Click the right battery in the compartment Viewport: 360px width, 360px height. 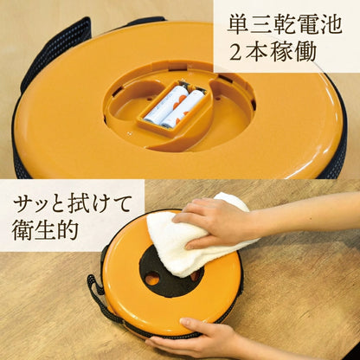[x=183, y=107]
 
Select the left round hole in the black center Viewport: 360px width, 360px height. [x=152, y=279]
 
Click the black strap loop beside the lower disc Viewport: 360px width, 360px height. [x=97, y=294]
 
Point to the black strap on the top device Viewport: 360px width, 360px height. [x=52, y=43]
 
